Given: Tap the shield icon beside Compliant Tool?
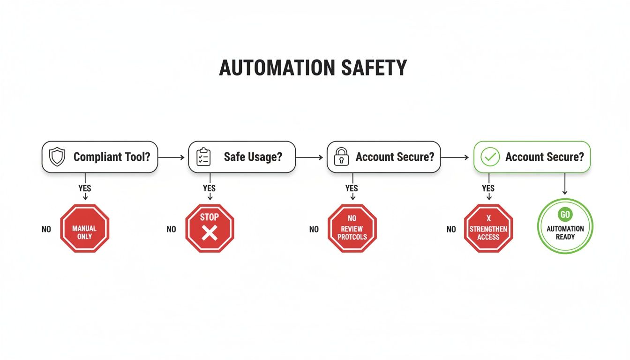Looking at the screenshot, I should [57, 157].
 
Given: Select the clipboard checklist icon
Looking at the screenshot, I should [203, 157].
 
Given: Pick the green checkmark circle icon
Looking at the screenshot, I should [490, 157].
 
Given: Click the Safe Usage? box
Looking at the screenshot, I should [242, 157].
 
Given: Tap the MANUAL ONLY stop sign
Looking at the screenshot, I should [84, 229].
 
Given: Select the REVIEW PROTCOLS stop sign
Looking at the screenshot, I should [352, 229].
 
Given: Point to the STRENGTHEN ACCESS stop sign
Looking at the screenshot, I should [488, 229].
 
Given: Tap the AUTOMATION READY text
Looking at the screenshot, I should [565, 232].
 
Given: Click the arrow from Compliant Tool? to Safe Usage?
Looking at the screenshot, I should [172, 157].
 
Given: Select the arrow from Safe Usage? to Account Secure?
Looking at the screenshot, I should [310, 157].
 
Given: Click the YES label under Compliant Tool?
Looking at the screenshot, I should [85, 188].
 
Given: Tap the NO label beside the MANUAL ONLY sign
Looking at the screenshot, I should [46, 230].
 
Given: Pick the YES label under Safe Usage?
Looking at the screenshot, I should [209, 188].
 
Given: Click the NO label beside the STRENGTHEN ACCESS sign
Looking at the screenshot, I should [451, 230].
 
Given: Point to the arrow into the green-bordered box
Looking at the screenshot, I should [455, 157].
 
